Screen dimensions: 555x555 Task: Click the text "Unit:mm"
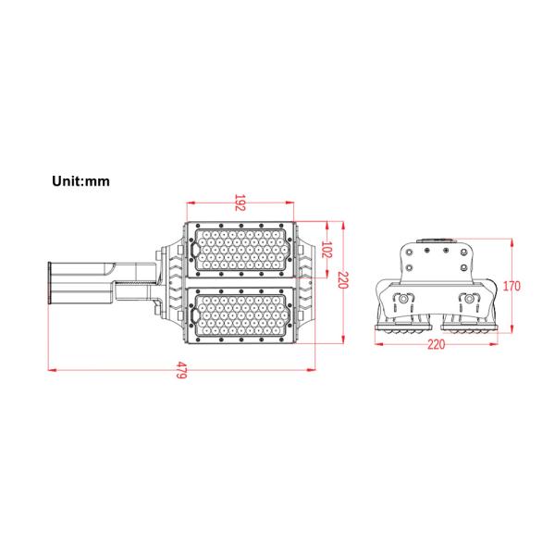[x=80, y=181]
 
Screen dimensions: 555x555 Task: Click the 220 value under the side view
[x=436, y=344]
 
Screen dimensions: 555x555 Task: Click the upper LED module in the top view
[x=240, y=249]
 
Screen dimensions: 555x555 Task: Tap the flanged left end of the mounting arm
[x=49, y=283]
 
